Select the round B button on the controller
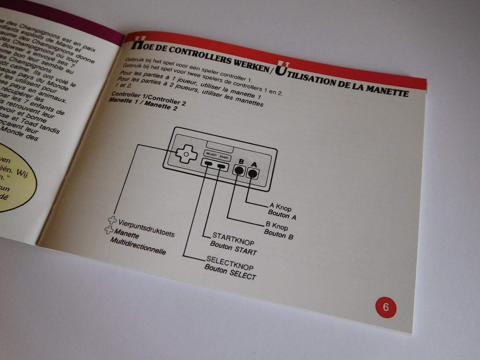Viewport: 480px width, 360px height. click(x=239, y=170)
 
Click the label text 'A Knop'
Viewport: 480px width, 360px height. click(x=280, y=208)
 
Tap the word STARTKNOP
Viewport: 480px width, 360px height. click(x=233, y=240)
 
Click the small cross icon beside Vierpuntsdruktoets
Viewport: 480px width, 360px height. click(x=113, y=220)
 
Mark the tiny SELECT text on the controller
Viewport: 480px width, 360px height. click(x=211, y=154)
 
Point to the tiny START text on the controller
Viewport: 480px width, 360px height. click(x=224, y=157)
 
